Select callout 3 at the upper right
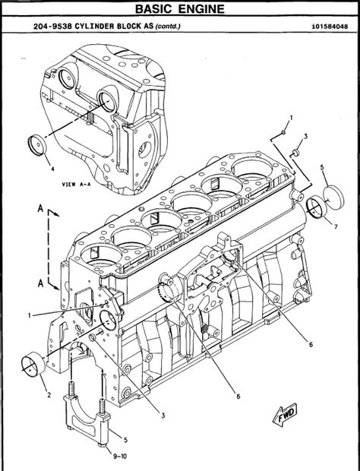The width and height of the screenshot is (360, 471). point(305,136)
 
